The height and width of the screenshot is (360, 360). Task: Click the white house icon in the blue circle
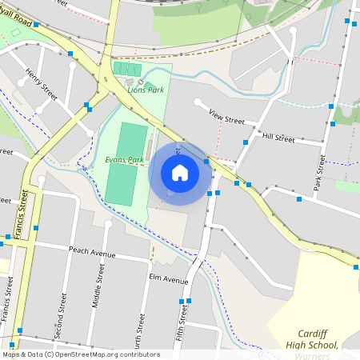coord(180,173)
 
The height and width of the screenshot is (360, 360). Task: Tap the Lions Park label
coord(146,90)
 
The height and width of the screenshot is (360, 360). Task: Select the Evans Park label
coord(124,159)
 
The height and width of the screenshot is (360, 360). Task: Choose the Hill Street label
coord(278,138)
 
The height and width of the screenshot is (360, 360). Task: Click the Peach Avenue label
coord(93,254)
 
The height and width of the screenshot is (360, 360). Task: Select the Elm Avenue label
coord(168,280)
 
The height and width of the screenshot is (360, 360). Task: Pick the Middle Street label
coord(98,288)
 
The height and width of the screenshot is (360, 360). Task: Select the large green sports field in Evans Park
coord(126,164)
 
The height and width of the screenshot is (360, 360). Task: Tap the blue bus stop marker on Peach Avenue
coord(36,228)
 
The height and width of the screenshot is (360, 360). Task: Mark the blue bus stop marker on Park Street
coord(330,125)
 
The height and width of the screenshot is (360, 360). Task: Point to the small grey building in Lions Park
coord(130,82)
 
